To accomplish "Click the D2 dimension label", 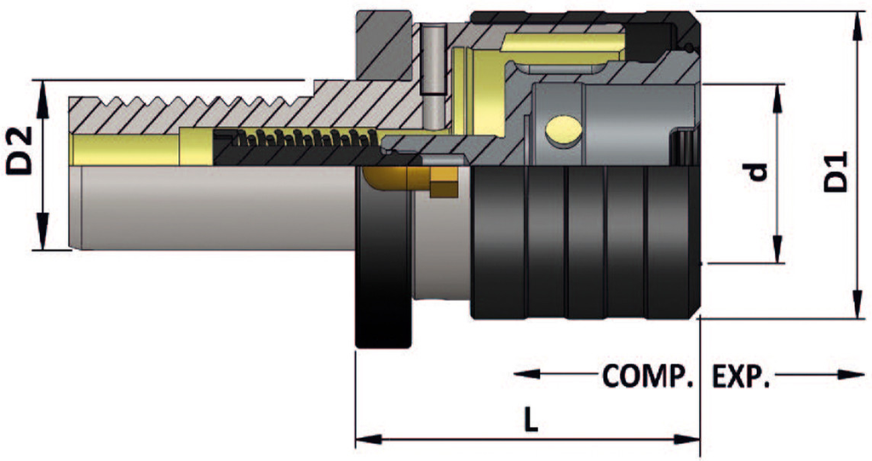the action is coord(20,151).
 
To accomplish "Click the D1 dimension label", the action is coord(836,171).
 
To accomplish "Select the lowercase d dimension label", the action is coord(757,173).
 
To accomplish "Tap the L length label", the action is coord(531,421).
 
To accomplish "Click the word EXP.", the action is coord(741,377).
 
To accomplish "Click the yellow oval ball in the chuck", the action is coord(564,131).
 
